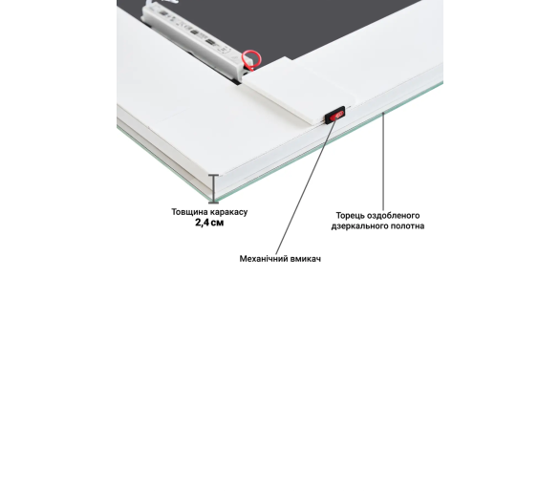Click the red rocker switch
click(336, 116)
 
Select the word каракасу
click(228, 212)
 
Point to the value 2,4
click(202, 223)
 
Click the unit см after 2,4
click(217, 224)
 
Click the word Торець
click(350, 216)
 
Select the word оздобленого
click(393, 216)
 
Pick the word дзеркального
click(359, 226)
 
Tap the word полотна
click(407, 226)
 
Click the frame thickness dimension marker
click(213, 189)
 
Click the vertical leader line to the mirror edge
click(383, 161)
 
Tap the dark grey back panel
click(296, 25)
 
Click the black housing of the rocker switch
click(335, 115)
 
